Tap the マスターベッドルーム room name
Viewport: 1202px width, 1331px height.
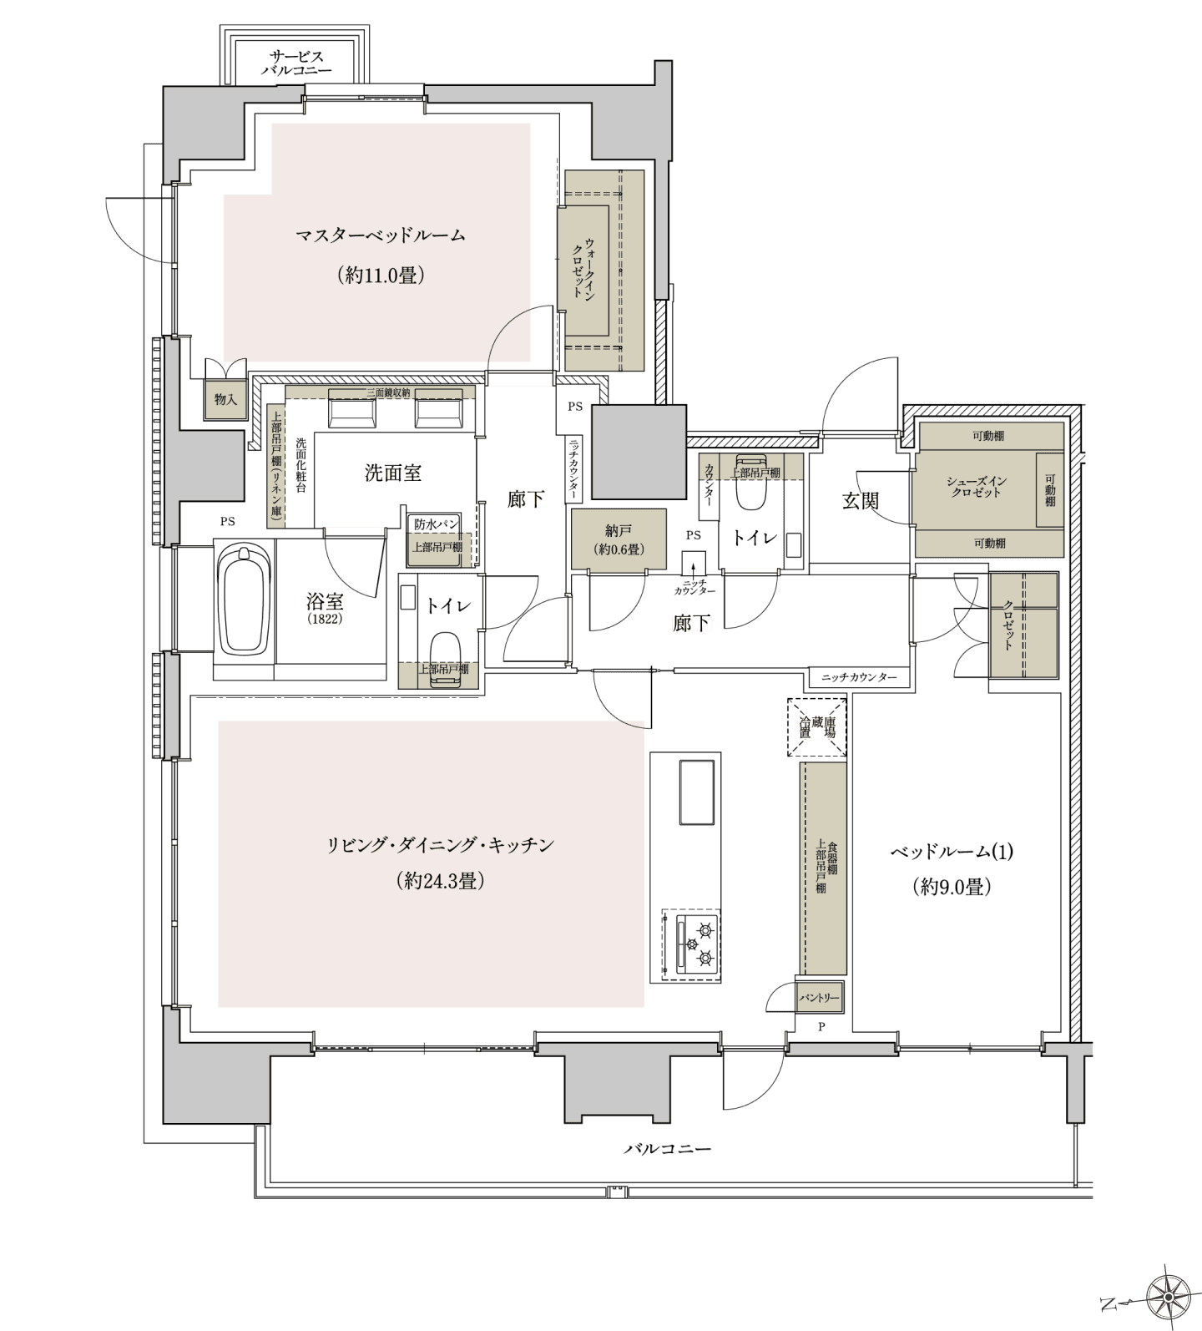point(381,235)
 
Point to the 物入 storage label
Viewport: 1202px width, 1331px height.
point(225,400)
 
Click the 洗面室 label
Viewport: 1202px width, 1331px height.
point(392,473)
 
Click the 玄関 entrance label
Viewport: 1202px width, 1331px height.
point(860,501)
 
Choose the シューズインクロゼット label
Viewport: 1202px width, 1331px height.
point(975,487)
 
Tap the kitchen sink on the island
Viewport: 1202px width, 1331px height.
point(697,792)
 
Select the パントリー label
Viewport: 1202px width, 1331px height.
point(821,997)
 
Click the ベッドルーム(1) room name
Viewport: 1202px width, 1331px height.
point(952,852)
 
